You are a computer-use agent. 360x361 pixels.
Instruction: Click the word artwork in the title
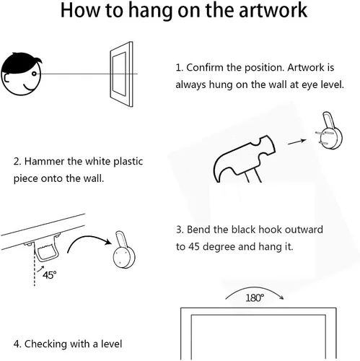point(273,10)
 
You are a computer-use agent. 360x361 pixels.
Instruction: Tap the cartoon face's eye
point(34,74)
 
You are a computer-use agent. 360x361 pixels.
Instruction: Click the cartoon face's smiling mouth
point(30,87)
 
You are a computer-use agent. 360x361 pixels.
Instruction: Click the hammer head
point(243,157)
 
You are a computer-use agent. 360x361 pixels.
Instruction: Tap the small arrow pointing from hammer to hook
point(297,142)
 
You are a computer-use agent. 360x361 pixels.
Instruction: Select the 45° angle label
point(49,274)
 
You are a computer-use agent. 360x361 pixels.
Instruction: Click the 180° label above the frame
point(255,298)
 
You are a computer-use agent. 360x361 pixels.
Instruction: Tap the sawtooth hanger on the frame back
point(47,248)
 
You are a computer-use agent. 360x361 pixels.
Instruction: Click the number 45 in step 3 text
point(194,247)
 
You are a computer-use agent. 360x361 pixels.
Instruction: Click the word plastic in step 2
point(128,162)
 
